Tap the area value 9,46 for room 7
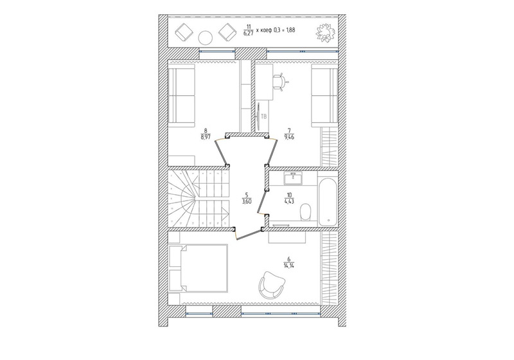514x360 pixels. (290, 137)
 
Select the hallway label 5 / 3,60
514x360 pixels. (247, 199)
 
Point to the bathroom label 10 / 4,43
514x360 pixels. (289, 199)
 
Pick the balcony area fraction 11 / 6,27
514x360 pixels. (249, 30)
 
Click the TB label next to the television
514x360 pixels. (264, 116)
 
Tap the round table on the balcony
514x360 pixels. (206, 37)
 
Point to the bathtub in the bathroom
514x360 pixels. (328, 203)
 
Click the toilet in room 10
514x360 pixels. (305, 212)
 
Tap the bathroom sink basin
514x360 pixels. (293, 178)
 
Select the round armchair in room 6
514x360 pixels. (271, 285)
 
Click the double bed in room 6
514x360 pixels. (198, 268)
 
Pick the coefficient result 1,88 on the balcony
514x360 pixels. (290, 30)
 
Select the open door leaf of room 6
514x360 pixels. (250, 235)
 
